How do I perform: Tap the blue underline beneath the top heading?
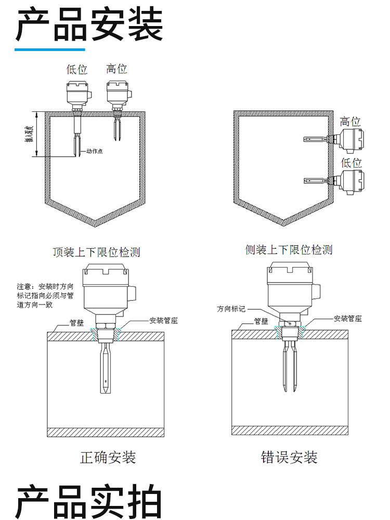coord(50,50)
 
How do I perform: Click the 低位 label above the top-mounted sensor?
coord(77,69)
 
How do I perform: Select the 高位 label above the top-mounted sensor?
coord(116,69)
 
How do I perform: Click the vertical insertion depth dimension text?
coord(30,134)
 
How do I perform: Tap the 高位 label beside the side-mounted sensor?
coord(350,121)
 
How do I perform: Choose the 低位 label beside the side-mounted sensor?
coord(351,162)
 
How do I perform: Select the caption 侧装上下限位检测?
coord(289,250)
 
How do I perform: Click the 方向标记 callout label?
coord(231,309)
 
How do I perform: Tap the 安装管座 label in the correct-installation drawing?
coord(163,321)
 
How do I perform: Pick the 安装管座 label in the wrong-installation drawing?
coord(348,319)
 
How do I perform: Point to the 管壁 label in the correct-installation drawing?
coord(77,323)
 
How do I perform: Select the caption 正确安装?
coord(108,457)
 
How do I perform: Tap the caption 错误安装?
coord(289,457)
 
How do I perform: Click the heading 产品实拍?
coord(89,501)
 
